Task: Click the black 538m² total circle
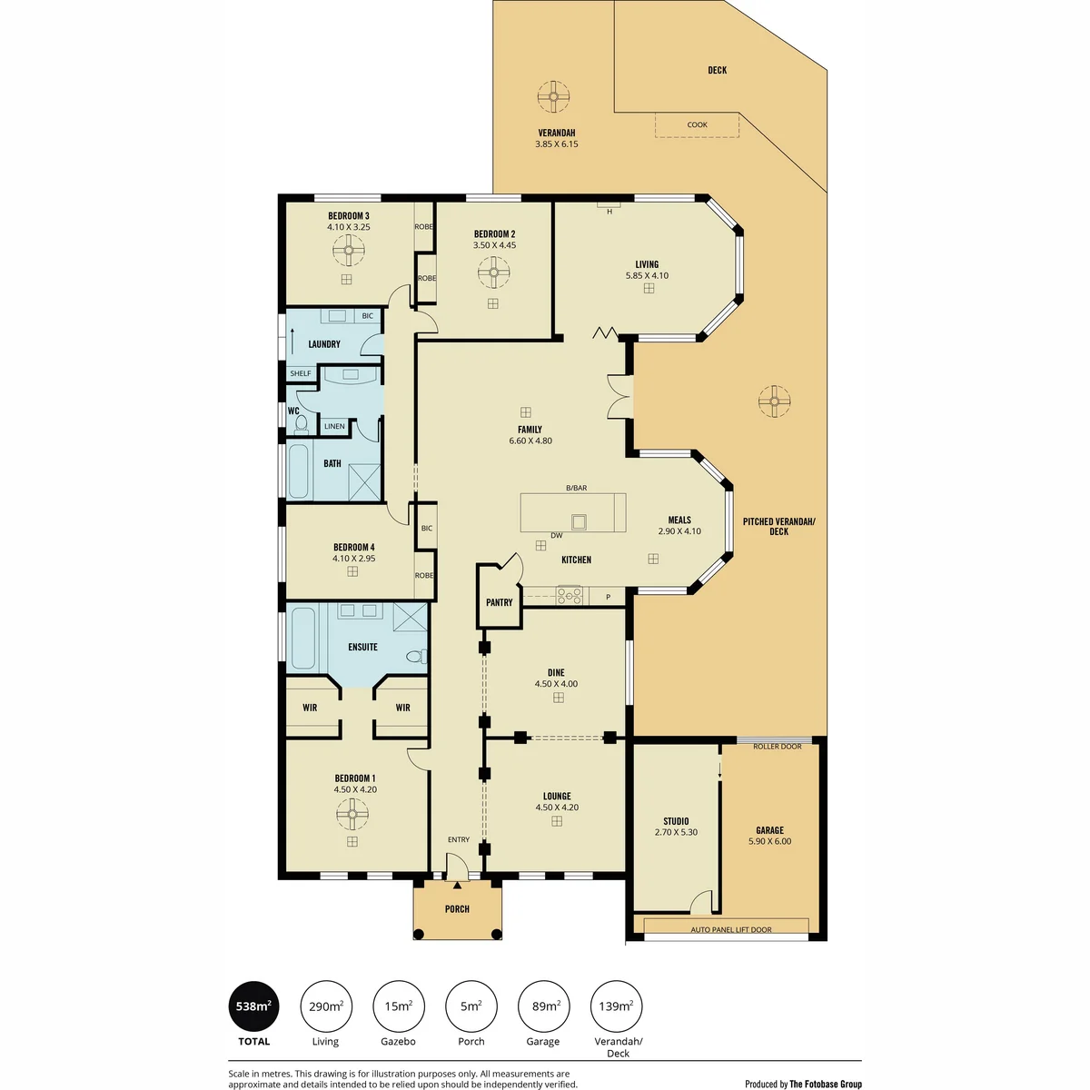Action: (x=253, y=1006)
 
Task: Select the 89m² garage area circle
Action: (x=543, y=1006)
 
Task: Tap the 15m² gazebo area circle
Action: (x=398, y=1006)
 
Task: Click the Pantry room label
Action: (x=499, y=602)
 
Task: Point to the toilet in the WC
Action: (x=301, y=423)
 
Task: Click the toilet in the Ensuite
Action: (x=418, y=656)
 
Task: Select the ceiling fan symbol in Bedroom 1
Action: (x=352, y=815)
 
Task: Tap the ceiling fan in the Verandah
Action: (x=553, y=96)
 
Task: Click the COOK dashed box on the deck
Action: (x=697, y=124)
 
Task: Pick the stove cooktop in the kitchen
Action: (x=569, y=595)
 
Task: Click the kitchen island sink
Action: (x=579, y=521)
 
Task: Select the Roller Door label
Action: (x=778, y=746)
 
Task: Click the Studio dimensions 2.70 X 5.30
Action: (x=676, y=832)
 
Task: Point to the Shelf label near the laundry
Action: (x=301, y=373)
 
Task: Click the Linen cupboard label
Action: (x=334, y=426)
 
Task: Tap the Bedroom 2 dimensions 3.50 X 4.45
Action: (x=494, y=245)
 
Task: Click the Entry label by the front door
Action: (x=458, y=839)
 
